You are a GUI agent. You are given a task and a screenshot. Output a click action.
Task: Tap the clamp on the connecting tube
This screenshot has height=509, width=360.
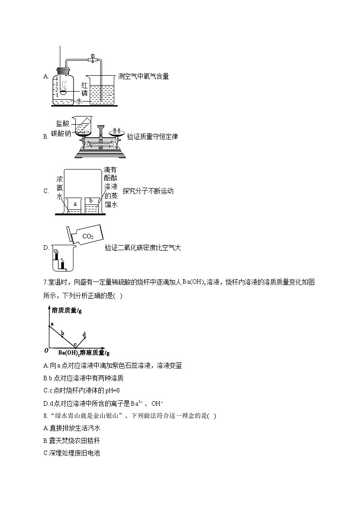[92, 58]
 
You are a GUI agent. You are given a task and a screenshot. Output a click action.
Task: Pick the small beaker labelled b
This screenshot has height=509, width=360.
[91, 205]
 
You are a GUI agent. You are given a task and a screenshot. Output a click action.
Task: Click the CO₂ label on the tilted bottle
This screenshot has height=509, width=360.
[88, 236]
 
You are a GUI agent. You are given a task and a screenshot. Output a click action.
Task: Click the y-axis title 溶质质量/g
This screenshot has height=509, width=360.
[67, 310]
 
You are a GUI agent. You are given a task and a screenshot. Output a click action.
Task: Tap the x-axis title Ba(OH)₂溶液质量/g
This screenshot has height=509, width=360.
[84, 352]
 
